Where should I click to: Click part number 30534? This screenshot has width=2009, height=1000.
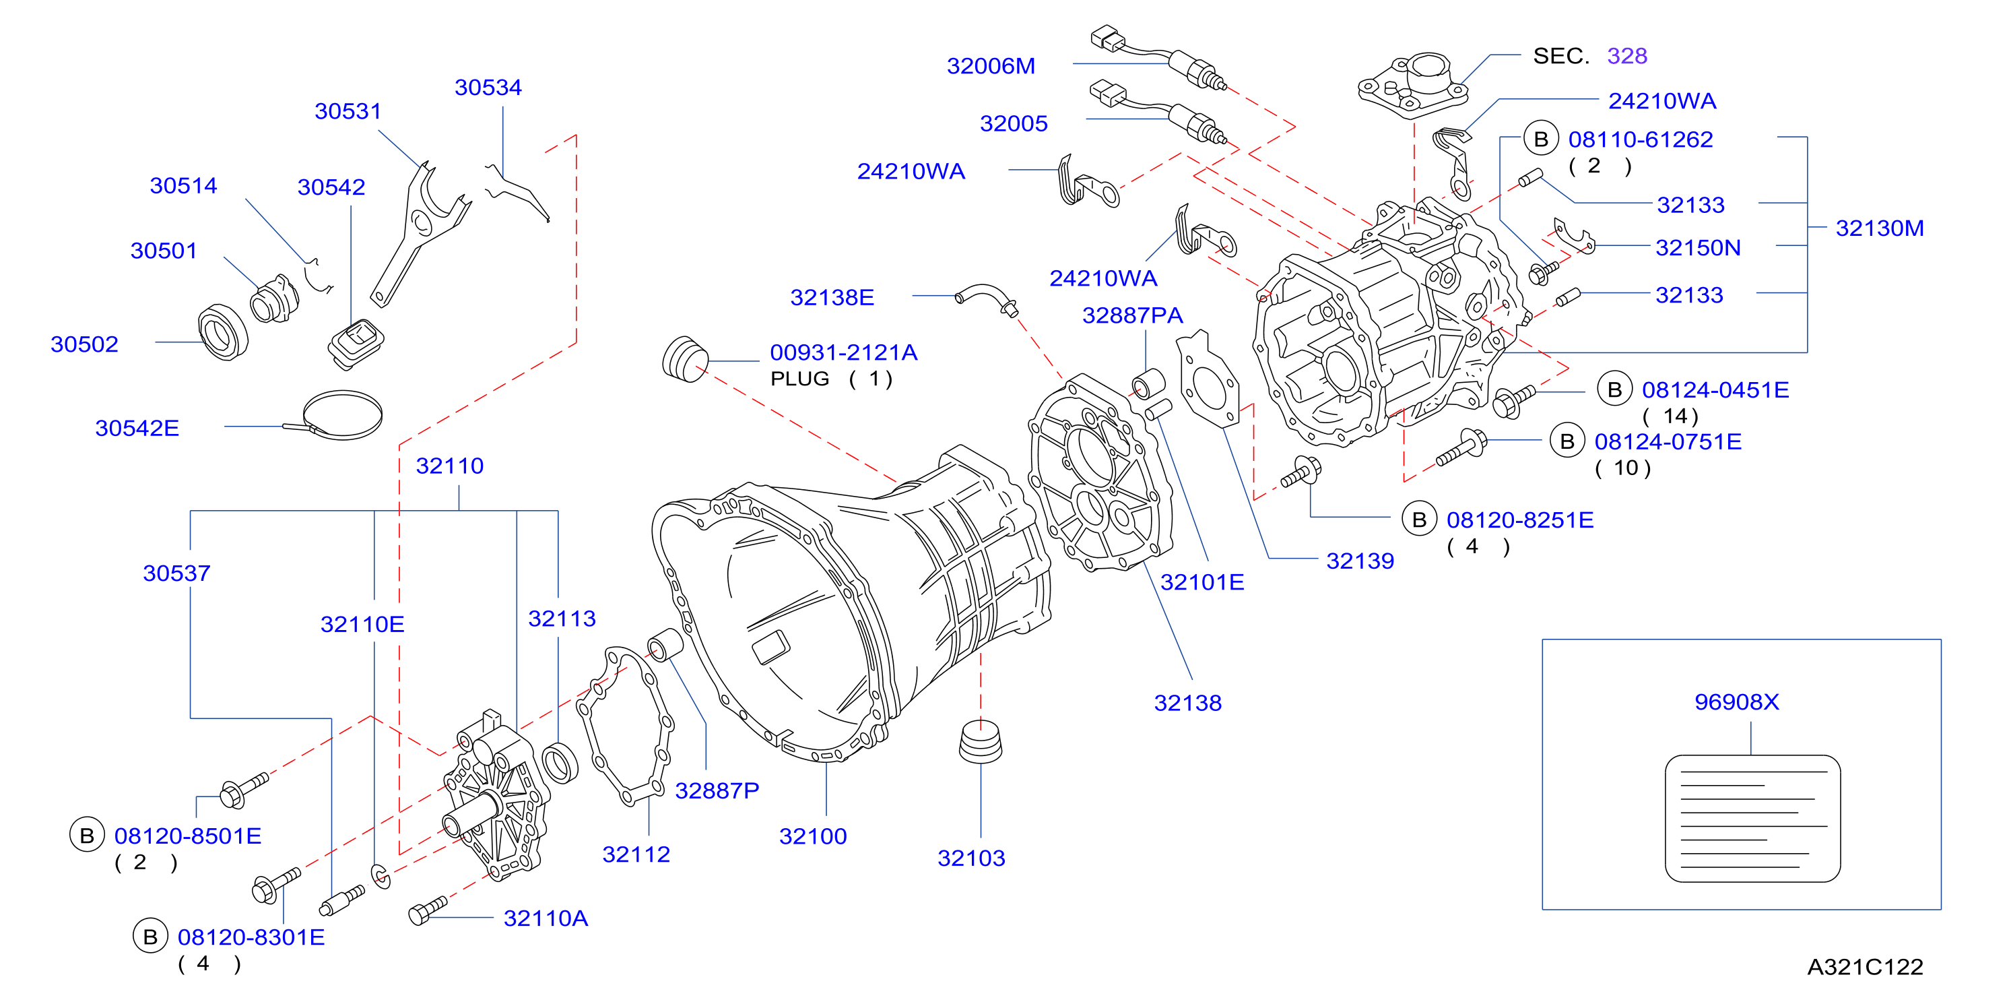tap(488, 88)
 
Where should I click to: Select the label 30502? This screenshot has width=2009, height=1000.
tap(84, 344)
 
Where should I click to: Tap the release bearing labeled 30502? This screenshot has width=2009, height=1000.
tap(223, 333)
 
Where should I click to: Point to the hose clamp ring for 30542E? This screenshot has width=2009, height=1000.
tap(342, 414)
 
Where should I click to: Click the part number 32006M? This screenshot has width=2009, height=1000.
tap(991, 66)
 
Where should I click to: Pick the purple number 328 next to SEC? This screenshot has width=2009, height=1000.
tap(1627, 56)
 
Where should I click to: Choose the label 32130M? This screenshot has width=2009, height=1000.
tap(1880, 228)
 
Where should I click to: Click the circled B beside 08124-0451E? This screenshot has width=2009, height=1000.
tap(1614, 389)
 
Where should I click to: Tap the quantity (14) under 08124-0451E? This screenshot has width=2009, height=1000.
tap(1670, 416)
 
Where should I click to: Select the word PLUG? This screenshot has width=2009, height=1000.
tap(799, 379)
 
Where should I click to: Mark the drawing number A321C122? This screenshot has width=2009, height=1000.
tap(1866, 967)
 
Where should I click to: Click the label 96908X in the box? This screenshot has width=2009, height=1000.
tap(1737, 702)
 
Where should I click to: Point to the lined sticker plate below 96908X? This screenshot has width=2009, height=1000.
tap(1752, 818)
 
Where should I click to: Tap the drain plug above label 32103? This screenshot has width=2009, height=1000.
tap(981, 742)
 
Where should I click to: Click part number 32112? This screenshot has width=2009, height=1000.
tap(636, 854)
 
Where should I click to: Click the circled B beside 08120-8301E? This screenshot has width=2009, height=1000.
tap(150, 936)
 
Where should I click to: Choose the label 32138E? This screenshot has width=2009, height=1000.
tap(832, 297)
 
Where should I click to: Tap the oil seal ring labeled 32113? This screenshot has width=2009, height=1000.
tap(559, 763)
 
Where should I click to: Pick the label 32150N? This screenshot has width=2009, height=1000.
tap(1698, 248)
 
